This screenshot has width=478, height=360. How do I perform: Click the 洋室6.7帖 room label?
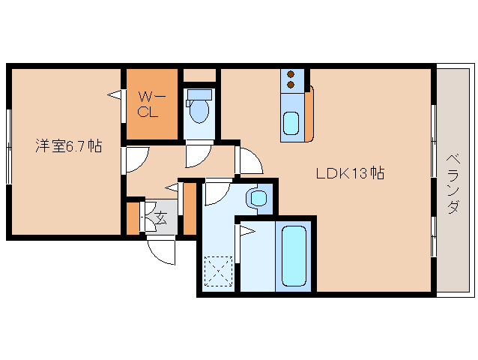pos(69,145)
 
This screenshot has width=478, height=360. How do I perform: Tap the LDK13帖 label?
pos(351,173)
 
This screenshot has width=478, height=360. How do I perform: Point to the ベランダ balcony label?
pos(453,184)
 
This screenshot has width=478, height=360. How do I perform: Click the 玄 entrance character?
pos(162,217)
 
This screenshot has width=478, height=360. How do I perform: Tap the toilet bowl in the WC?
pos(199,110)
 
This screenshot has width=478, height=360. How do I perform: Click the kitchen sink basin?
pos(291,123)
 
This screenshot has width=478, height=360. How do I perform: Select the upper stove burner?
pos(291,74)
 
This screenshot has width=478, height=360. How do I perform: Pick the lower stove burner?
pos(291,85)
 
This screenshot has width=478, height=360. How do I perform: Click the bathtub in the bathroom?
pos(294,256)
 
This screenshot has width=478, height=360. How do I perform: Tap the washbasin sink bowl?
pos(258,198)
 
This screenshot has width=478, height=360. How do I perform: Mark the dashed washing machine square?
pos(219,271)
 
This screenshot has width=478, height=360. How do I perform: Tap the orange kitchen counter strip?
pos(309,114)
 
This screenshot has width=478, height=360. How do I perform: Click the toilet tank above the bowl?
pos(199,94)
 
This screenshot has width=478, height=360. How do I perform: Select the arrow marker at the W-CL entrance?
pos(114,94)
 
